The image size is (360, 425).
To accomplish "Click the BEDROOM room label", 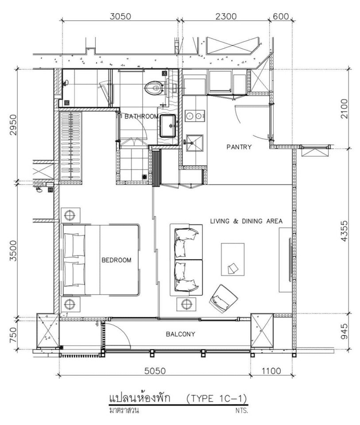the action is point(116,260).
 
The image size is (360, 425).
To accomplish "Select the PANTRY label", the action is point(239,147).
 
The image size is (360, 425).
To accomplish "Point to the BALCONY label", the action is point(180,334).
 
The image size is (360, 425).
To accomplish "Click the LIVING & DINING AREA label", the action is point(246,221).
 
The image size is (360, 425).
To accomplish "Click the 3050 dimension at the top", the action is point(120,16).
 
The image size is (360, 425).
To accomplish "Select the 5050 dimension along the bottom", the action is point(155,371).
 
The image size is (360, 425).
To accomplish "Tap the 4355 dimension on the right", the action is point(344,231).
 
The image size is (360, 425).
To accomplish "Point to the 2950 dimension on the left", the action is point(13,125).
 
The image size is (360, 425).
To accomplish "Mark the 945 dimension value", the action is point(344,331).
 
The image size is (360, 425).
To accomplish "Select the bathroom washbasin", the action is point(167,126).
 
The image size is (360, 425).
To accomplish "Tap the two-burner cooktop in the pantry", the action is point(194,116).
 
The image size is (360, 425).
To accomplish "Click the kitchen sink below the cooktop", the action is point(194,143).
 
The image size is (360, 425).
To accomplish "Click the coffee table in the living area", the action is point(232,259).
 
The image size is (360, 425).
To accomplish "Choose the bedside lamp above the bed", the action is point(70,215).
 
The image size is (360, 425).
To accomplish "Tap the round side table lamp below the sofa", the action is point(186,304).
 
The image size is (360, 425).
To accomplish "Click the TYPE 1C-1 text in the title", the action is point(217,398).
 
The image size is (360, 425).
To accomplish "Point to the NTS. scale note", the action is point(242,410).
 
